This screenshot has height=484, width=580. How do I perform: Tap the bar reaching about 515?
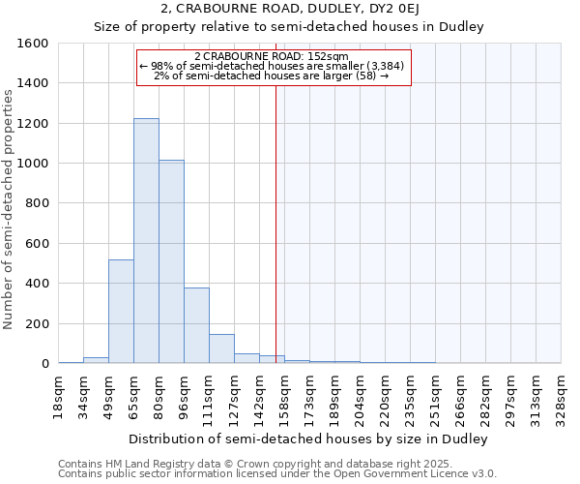coord(121,312)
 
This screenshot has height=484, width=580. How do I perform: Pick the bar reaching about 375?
coord(196,325)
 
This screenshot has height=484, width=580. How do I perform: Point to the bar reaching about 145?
coord(221,348)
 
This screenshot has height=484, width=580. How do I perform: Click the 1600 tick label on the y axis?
coord(33,44)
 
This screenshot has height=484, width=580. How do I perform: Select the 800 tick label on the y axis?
coord(37,203)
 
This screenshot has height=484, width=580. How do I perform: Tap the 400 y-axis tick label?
coord(37,284)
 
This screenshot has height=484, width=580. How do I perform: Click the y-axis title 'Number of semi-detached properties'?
coord(10,208)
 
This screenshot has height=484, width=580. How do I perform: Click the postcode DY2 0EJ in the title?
coord(387,9)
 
